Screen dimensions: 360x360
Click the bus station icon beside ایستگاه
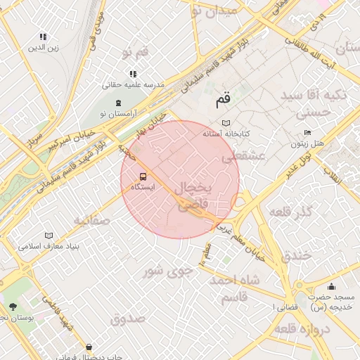(143, 176)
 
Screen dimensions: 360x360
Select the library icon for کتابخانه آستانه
(226, 122)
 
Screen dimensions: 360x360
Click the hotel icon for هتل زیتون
(307, 132)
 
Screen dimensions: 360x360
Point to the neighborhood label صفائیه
(92, 221)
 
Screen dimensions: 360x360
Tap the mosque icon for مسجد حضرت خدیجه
(332, 286)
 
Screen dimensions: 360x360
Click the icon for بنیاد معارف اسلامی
(49, 236)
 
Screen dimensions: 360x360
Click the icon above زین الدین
(44, 37)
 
